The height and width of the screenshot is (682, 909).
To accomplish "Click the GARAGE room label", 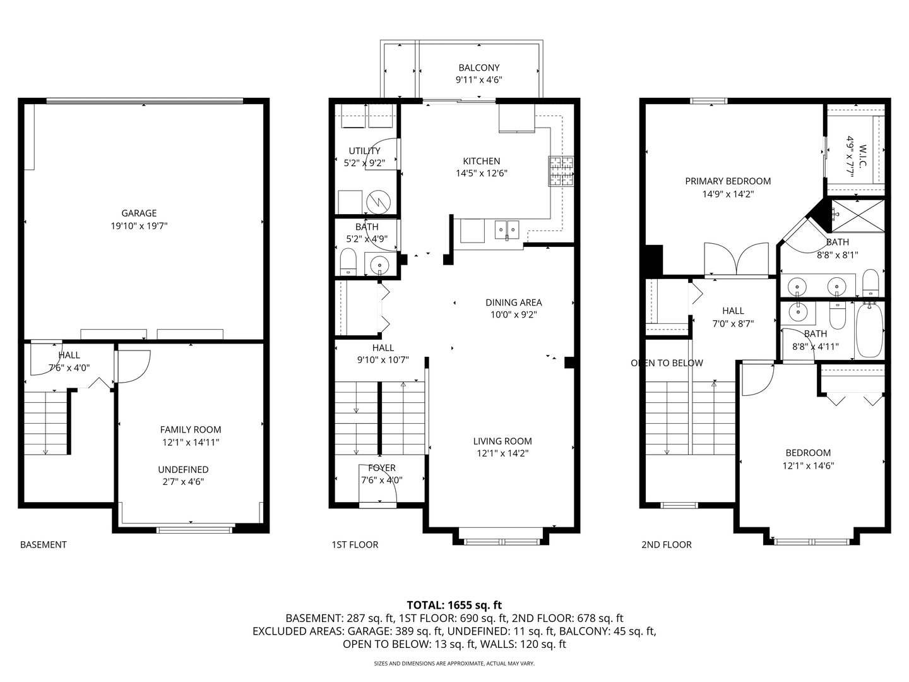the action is click(139, 213).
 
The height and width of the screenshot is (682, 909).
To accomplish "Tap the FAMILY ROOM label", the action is click(191, 430).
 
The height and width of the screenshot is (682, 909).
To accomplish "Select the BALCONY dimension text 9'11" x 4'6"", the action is click(478, 80).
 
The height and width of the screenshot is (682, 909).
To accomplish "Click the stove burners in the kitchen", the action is click(561, 170).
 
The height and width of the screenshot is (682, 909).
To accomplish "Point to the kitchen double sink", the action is click(507, 230).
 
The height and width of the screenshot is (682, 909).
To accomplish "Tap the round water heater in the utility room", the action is click(379, 202).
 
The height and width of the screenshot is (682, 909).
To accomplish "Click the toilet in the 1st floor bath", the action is click(348, 261).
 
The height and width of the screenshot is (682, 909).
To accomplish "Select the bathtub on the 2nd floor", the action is click(870, 330).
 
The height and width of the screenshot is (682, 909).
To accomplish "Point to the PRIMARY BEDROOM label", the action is click(728, 181).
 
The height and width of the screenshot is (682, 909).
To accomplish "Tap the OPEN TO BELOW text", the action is click(667, 363).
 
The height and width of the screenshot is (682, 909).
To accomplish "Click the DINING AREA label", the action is click(513, 302).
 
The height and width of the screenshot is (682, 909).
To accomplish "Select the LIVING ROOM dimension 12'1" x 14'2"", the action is click(502, 453).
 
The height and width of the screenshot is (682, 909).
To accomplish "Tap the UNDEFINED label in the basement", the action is click(183, 470).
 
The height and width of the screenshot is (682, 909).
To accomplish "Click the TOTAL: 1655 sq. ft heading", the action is click(454, 606).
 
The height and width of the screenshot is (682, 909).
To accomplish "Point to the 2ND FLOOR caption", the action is click(667, 544).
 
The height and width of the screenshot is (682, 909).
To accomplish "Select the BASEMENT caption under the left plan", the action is click(44, 544).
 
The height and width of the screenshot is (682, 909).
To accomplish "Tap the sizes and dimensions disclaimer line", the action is click(454, 663).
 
